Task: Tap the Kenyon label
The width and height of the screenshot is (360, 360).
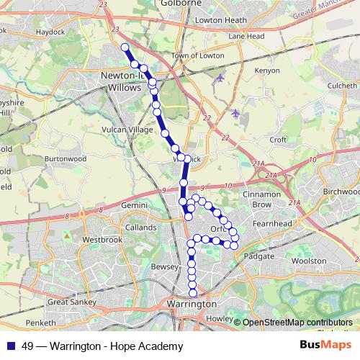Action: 266,71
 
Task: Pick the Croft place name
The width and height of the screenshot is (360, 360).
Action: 277,139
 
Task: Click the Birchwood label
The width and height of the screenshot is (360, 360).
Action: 341,192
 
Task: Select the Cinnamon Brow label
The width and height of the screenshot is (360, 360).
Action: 261,199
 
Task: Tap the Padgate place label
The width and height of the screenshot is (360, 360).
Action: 259,256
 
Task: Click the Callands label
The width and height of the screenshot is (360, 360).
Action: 140,227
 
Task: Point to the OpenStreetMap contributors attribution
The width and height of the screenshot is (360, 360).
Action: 297,322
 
